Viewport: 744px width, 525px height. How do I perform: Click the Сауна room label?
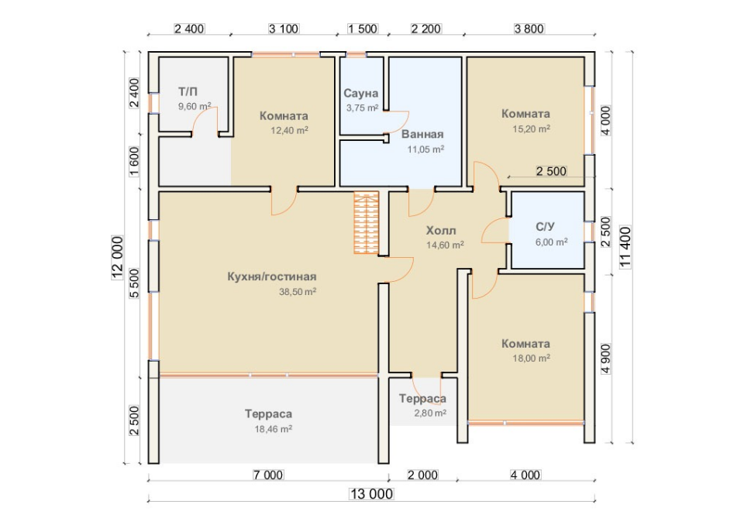(x=360, y=93)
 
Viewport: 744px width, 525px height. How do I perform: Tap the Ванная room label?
(x=422, y=134)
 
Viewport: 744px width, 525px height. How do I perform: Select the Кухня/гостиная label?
(x=272, y=276)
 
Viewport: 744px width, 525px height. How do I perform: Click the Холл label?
(x=441, y=231)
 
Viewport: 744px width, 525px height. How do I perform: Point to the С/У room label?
(x=545, y=227)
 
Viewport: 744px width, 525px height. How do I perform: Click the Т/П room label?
(x=188, y=91)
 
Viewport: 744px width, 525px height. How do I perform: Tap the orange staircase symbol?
(x=367, y=222)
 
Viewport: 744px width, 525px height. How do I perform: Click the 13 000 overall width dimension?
(x=371, y=494)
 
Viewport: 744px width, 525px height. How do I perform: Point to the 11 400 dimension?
(x=626, y=247)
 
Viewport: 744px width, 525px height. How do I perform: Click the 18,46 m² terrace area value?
(x=274, y=429)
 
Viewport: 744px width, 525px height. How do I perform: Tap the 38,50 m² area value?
(x=298, y=292)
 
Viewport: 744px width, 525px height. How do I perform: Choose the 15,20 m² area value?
(x=532, y=129)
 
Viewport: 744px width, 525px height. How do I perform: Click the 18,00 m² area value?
(x=532, y=358)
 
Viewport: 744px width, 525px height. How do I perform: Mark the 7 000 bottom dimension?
(x=268, y=475)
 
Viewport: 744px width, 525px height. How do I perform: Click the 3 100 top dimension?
(x=284, y=29)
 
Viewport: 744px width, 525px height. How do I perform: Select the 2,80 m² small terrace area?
(x=430, y=413)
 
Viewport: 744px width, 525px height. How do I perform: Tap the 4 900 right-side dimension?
(x=606, y=359)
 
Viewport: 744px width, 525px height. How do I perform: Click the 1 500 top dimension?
(x=363, y=29)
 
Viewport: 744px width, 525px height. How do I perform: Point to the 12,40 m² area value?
(x=289, y=130)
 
